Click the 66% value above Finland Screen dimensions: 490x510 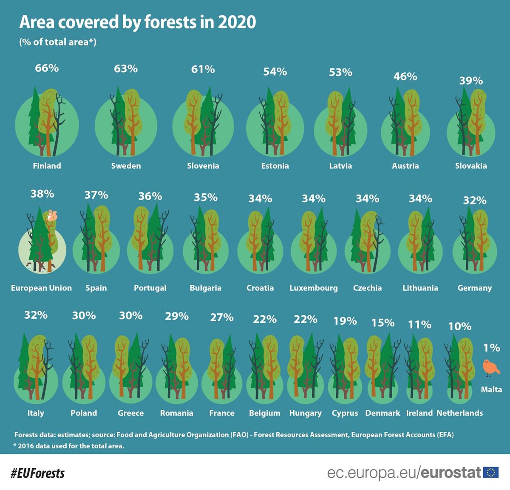coord(47,68)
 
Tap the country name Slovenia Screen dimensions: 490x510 coord(203,166)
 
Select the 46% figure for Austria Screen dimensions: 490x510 coord(405,76)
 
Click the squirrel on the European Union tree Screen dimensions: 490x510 coord(51,215)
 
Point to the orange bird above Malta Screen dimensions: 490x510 coord(490,368)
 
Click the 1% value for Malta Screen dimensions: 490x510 coord(491,348)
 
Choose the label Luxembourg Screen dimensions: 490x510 coord(314,288)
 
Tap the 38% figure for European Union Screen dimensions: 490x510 coord(42,194)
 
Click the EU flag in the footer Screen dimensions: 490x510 coord(491,472)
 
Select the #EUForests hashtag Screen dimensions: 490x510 coord(38,473)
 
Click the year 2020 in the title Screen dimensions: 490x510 coord(237,22)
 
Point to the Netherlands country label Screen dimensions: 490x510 coord(459,413)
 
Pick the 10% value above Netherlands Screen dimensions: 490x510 coord(459,326)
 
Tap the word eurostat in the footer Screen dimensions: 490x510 coord(450,473)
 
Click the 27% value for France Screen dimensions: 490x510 coord(221,317)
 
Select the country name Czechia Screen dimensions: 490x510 coord(367,288)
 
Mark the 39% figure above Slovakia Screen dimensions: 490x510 coord(471,81)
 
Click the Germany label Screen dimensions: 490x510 coord(474,288)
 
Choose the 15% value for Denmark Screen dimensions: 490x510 coord(382,323)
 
